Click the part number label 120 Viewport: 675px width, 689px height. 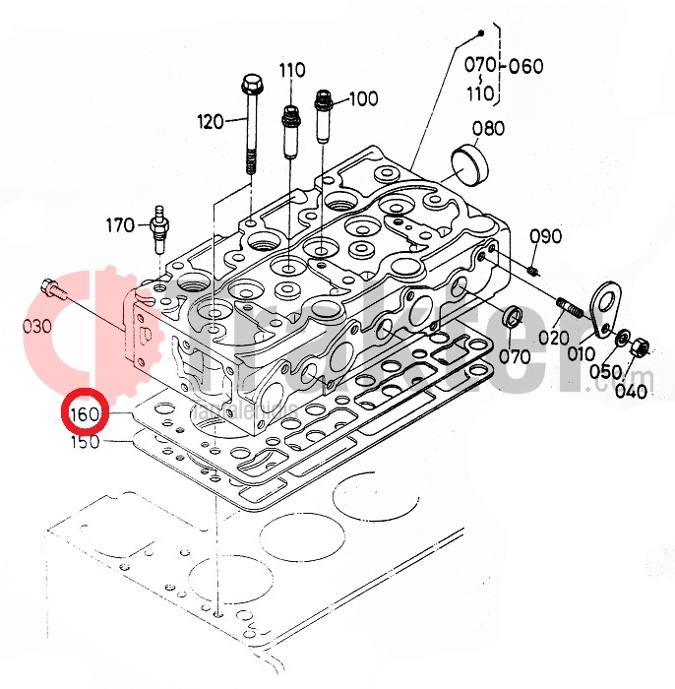point(211,122)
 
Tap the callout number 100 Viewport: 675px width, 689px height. point(363,98)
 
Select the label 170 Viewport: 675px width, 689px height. point(121,225)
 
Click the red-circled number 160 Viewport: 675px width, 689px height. point(84,414)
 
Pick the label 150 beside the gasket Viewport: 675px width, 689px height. point(86,444)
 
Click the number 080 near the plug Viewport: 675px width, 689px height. point(488,128)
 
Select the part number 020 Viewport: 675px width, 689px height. point(553,335)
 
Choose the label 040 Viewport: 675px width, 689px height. point(630,391)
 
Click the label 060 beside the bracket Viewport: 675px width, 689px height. point(527,67)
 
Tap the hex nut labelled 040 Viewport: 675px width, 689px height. point(637,346)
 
